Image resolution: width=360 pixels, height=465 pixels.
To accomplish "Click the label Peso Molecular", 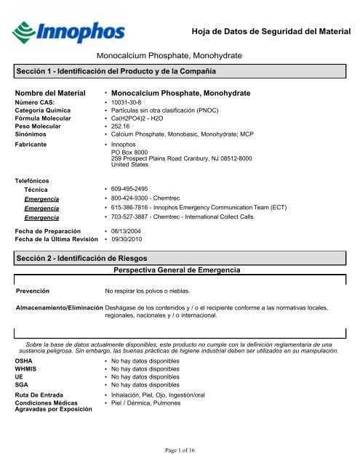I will [41, 126].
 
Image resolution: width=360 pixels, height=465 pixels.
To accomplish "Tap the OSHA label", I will [25, 360].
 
